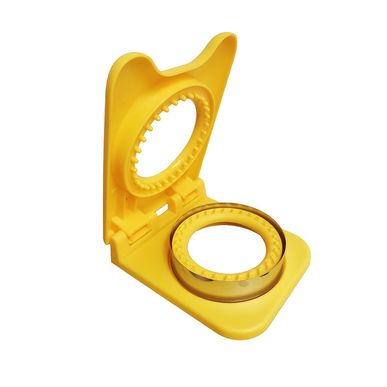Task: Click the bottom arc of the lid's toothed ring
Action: (160, 186)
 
